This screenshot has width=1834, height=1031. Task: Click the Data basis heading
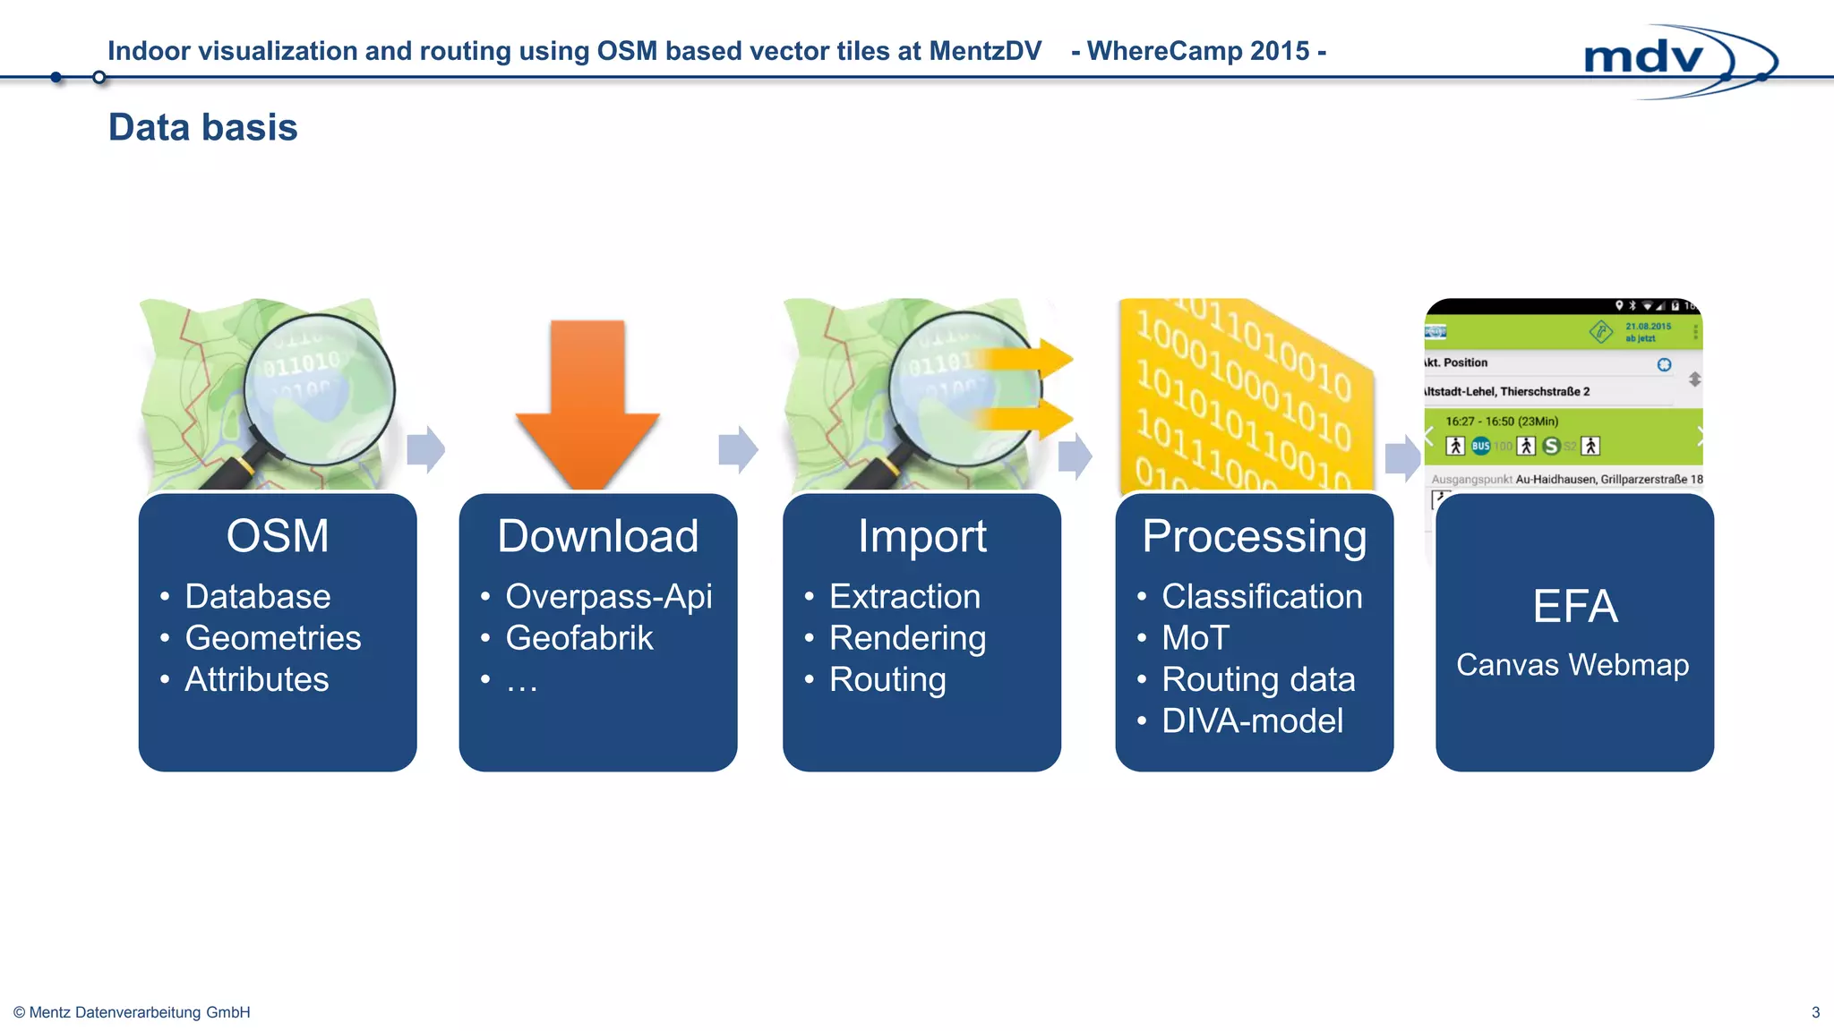202,127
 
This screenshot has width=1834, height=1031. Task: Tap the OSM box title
278,536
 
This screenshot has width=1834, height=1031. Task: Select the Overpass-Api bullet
608,596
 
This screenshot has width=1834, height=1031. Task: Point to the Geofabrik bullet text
578,638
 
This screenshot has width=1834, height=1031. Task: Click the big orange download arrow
587,403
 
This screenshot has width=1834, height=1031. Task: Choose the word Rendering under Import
907,638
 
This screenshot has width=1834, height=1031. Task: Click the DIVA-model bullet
1252,720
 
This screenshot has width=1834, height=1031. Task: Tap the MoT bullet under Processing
1195,638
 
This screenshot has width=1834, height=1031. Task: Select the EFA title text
1574,606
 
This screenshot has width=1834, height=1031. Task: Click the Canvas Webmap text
1573,665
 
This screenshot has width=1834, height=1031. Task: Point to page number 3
1815,1012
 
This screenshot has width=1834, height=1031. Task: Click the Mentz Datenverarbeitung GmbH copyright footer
133,1012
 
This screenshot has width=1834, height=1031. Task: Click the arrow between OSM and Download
426,449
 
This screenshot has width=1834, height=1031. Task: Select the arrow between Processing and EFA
1402,458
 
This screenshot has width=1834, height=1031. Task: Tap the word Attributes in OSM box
256,679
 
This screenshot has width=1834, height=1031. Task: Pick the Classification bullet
1261,596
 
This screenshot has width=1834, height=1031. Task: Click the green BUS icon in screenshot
1480,446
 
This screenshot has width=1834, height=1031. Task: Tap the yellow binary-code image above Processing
1245,394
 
